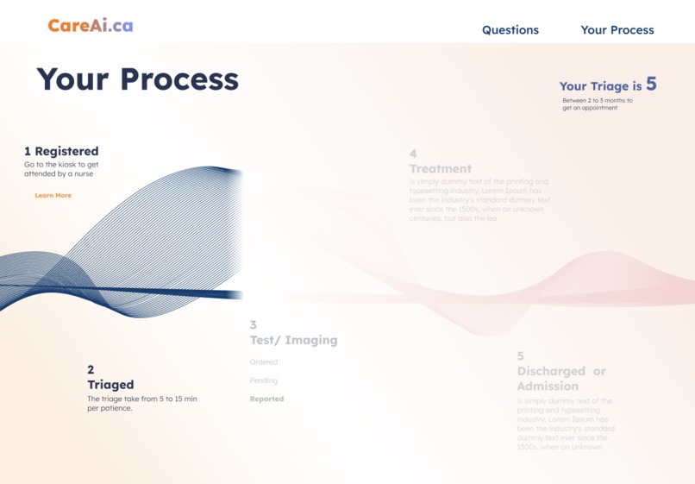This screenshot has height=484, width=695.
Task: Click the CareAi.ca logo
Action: (x=91, y=26)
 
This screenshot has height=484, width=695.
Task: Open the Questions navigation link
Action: (x=510, y=30)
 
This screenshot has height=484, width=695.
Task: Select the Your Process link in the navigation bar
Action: (x=617, y=30)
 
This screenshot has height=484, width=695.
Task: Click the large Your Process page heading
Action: (x=137, y=79)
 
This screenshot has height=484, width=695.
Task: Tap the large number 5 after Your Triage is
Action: (x=651, y=84)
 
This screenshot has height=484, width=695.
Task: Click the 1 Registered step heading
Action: (x=61, y=151)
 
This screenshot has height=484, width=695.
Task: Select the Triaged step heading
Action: (x=110, y=385)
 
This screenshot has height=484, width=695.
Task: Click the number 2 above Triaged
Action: (x=91, y=370)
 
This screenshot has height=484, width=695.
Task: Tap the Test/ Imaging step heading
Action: (x=293, y=340)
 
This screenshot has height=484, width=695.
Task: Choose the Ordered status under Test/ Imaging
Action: (x=264, y=362)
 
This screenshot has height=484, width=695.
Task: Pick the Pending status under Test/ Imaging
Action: (x=264, y=380)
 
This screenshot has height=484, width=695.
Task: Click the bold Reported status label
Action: (x=266, y=399)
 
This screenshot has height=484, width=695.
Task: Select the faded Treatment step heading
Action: (x=441, y=169)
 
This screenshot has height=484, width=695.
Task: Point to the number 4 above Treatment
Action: (x=413, y=154)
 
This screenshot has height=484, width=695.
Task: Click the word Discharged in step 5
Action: (x=549, y=371)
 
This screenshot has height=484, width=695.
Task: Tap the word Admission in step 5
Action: (x=548, y=386)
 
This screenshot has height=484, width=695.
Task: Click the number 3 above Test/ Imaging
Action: (x=254, y=325)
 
